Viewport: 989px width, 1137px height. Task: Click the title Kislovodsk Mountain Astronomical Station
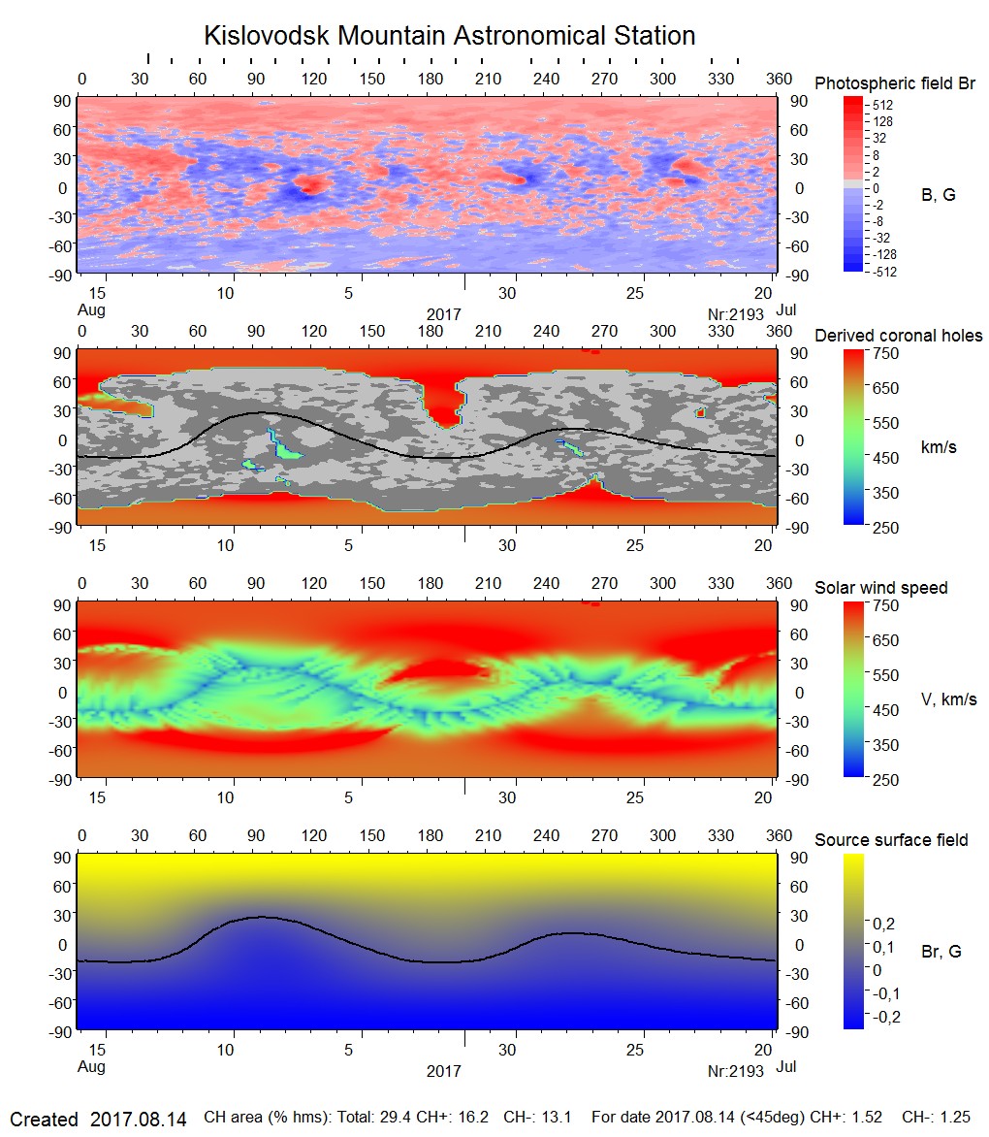(449, 36)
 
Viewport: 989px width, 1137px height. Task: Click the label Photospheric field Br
(895, 83)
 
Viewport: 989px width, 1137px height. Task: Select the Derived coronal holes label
(898, 336)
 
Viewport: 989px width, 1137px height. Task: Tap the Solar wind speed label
(880, 588)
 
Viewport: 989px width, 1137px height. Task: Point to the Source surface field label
(891, 840)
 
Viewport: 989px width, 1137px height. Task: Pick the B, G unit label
(938, 195)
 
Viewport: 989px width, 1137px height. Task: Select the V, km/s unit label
(948, 699)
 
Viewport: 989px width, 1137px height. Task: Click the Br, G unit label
(941, 952)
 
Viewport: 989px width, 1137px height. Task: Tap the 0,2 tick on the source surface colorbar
(883, 923)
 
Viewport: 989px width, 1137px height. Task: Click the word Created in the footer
(44, 1120)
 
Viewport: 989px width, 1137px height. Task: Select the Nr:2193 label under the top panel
(737, 312)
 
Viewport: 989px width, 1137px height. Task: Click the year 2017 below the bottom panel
(443, 1072)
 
